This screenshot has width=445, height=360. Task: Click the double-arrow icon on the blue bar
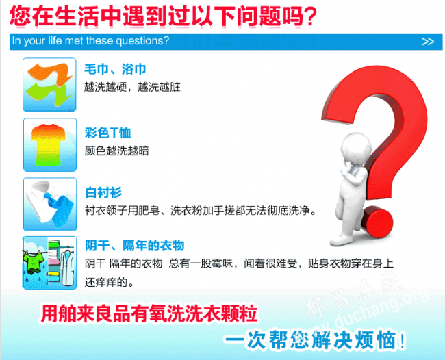(x=428, y=42)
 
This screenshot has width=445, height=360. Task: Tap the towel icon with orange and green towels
(x=49, y=85)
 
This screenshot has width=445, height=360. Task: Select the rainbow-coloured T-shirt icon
(x=50, y=144)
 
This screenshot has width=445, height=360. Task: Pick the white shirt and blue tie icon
(x=50, y=204)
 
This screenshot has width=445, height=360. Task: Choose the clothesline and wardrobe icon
(x=50, y=263)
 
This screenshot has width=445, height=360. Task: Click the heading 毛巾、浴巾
(x=115, y=69)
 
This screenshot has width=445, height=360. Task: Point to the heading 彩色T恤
(x=108, y=133)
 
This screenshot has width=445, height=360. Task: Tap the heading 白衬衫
(x=103, y=192)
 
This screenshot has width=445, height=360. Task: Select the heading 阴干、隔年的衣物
(x=135, y=246)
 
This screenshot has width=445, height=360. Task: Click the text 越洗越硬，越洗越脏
(x=132, y=87)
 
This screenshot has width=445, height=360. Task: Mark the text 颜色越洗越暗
(x=116, y=151)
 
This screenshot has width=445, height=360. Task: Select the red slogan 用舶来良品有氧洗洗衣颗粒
(x=149, y=313)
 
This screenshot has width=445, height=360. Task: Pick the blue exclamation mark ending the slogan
(x=402, y=340)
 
